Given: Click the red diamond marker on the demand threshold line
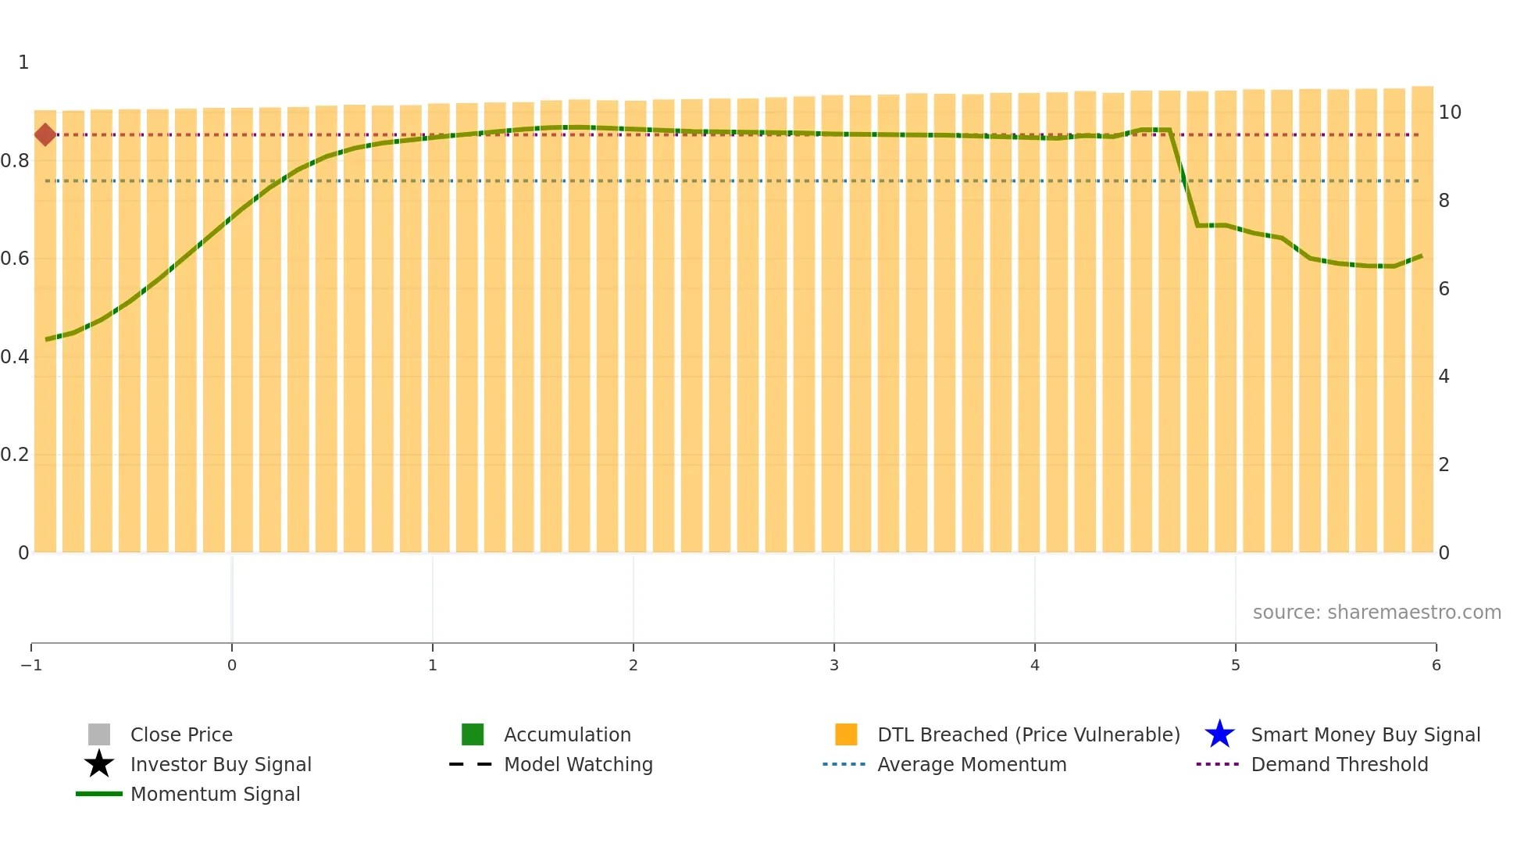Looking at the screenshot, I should pyautogui.click(x=45, y=134).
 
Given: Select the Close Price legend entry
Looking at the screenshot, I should pyautogui.click(x=180, y=734).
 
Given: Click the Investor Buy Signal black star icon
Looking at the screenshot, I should pyautogui.click(x=99, y=764).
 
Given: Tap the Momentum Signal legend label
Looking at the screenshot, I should pyautogui.click(x=215, y=794).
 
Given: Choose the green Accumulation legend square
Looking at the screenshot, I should pyautogui.click(x=473, y=734).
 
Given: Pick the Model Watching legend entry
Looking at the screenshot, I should pyautogui.click(x=577, y=764).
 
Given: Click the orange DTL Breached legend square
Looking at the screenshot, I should pyautogui.click(x=846, y=734).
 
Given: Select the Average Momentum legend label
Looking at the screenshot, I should pyautogui.click(x=972, y=764).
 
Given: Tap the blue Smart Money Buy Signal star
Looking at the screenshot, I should pyautogui.click(x=1219, y=734).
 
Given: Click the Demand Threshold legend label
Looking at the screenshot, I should pyautogui.click(x=1339, y=764).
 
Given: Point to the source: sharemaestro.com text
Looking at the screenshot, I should pyautogui.click(x=1376, y=612).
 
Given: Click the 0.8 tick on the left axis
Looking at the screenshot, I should pyautogui.click(x=15, y=161).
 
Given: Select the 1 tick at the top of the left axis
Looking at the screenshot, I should pyautogui.click(x=23, y=63).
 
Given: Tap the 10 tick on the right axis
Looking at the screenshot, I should pyautogui.click(x=1449, y=113).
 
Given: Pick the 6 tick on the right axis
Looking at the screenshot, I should pyautogui.click(x=1444, y=289).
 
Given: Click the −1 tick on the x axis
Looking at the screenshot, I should pyautogui.click(x=31, y=665).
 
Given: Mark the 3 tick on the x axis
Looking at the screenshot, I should pyautogui.click(x=833, y=665).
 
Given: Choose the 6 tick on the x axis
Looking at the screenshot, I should pyautogui.click(x=1436, y=665).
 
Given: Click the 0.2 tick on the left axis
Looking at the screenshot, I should pyautogui.click(x=15, y=455).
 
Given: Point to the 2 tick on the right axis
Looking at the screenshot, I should pyautogui.click(x=1444, y=465).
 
